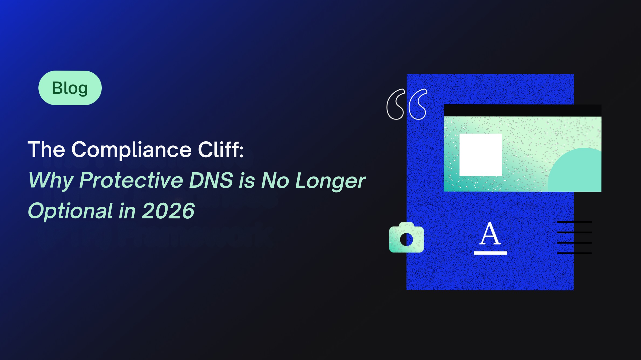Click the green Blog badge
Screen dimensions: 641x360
(x=70, y=88)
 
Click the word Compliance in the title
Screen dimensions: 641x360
(x=131, y=150)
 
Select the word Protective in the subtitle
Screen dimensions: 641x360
(x=131, y=180)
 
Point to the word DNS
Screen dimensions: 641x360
(x=211, y=180)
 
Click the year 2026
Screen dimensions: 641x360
(x=168, y=211)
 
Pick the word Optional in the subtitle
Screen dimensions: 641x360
(x=70, y=211)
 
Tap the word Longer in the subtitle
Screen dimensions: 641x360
(x=330, y=181)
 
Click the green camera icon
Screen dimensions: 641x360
(x=406, y=237)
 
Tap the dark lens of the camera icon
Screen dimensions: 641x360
(x=406, y=239)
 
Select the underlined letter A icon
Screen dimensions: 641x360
(x=490, y=238)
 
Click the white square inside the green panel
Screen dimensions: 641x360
(x=481, y=155)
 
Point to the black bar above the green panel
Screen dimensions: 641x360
(x=523, y=110)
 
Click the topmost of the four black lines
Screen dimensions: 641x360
(x=574, y=222)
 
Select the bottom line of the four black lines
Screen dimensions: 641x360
(x=574, y=253)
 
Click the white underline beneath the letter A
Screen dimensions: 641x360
(x=490, y=253)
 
